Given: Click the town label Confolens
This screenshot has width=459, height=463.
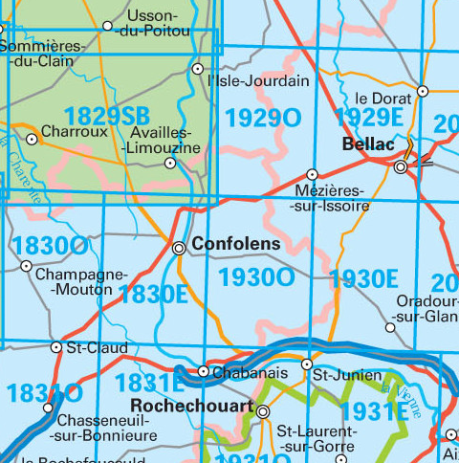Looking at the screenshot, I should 236,245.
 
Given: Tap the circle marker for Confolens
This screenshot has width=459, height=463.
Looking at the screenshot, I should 179,248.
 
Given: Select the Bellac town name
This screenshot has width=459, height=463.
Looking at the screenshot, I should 368,144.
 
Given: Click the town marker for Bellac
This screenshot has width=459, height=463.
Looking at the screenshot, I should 401,165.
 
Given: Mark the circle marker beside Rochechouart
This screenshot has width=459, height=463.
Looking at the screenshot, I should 263,412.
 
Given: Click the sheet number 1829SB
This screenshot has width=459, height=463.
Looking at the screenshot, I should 106,117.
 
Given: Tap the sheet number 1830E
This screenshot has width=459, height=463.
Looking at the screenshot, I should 153,294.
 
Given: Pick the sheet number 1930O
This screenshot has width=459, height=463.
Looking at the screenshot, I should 256,278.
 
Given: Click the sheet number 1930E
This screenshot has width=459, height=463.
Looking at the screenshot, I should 362,279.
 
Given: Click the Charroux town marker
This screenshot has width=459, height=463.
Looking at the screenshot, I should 32,139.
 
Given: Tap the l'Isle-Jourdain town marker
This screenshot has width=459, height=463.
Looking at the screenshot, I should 198,69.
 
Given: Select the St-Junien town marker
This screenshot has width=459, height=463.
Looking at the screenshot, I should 307,364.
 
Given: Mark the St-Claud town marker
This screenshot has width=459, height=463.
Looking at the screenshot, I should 56,347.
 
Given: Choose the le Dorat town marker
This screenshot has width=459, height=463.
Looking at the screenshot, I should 422,92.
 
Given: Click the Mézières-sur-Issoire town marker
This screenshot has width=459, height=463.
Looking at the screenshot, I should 313,174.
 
